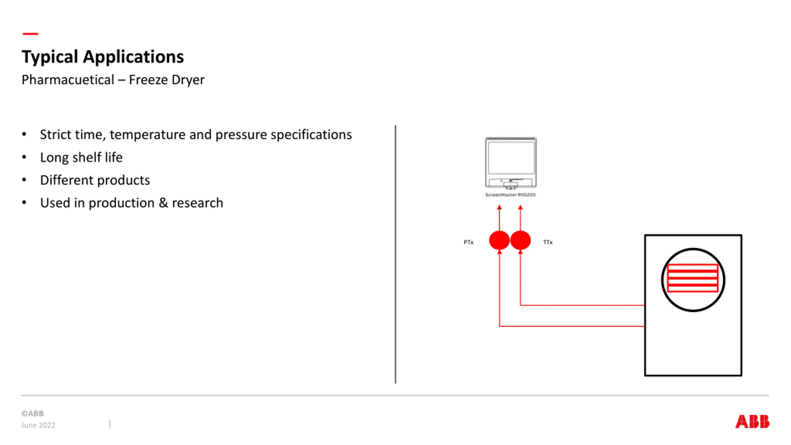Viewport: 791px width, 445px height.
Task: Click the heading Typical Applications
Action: tap(103, 57)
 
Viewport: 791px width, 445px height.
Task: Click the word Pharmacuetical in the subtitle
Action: tap(68, 80)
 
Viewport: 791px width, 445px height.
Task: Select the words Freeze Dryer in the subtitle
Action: tap(167, 80)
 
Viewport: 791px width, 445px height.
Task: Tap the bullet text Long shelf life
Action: tap(81, 157)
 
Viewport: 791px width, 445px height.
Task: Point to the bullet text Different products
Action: tap(95, 180)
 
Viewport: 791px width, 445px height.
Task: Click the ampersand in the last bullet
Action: tap(163, 203)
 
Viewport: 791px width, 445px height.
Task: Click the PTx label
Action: tap(468, 242)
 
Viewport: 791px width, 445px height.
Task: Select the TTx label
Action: tap(548, 242)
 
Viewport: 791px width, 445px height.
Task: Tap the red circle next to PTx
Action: tap(499, 240)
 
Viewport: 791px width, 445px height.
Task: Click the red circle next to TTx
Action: tap(520, 240)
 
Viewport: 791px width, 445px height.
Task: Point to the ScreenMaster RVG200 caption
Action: tap(510, 195)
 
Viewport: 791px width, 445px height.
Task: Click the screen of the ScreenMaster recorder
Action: tap(511, 158)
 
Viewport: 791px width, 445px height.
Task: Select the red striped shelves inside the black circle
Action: tap(692, 278)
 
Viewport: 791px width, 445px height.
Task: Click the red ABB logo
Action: tap(752, 422)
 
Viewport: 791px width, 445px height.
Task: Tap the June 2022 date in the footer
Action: tap(38, 425)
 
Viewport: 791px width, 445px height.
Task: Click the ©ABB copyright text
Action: tap(32, 413)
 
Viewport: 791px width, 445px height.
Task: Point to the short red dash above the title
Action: tap(30, 34)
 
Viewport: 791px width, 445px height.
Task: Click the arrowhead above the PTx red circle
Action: tap(499, 207)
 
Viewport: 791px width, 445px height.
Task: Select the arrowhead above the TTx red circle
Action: tap(520, 207)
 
